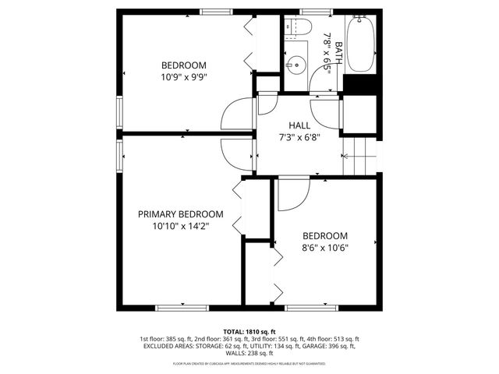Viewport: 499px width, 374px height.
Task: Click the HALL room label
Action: (299, 125)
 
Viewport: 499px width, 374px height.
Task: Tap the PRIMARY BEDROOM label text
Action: (180, 214)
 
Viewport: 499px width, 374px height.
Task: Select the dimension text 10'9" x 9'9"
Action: (183, 77)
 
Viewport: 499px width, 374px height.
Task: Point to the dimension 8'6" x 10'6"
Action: (324, 249)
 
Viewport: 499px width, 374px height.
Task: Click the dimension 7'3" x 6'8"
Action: (299, 137)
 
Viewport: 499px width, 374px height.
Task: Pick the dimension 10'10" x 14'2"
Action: (180, 226)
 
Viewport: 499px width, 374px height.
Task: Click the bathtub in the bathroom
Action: (361, 44)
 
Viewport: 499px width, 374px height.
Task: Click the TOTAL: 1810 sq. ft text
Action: (249, 332)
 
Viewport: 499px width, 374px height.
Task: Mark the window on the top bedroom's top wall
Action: (216, 11)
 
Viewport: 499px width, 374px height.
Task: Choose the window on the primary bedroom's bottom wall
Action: (182, 308)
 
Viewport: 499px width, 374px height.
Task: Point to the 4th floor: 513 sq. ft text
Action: (334, 340)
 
